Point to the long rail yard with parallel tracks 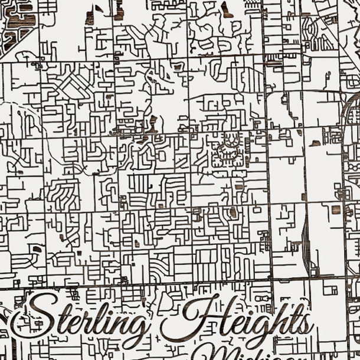pyautogui.click(x=305, y=236)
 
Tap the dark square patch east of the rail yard pyautogui.click(x=336, y=210)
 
